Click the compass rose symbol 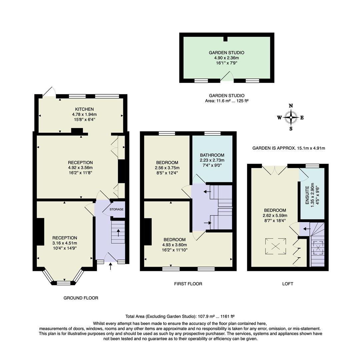point(291,117)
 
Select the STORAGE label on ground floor point(117,209)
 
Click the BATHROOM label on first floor point(212,155)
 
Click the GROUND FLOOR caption point(81,298)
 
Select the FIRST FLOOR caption point(188,284)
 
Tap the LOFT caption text point(287,284)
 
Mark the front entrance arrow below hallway point(111,266)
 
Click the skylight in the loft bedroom point(276,246)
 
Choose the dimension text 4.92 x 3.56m point(80,168)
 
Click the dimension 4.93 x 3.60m point(175,245)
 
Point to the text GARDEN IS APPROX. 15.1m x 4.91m point(289,148)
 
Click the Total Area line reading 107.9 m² point(180,316)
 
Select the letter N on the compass point(291,106)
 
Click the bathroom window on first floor point(210,134)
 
